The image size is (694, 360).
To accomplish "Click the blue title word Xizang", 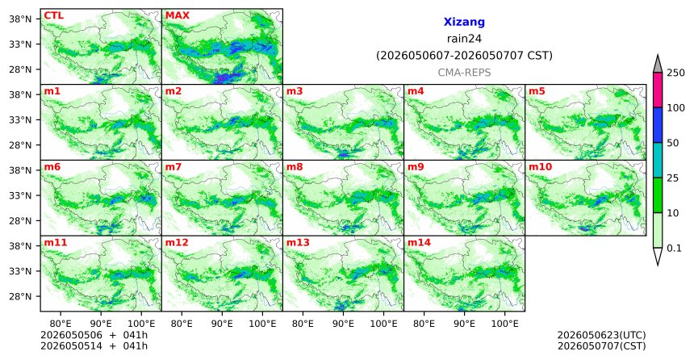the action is tap(464, 22).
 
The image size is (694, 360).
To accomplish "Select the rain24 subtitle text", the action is tap(464, 39).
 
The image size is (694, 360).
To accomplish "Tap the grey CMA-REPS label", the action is tap(464, 73).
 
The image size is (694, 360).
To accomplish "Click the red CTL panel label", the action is tap(53, 15).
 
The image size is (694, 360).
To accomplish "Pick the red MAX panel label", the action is tap(177, 15).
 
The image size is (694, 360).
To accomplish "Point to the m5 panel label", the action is tap(537, 92).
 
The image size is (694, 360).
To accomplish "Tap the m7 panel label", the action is tap(173, 167).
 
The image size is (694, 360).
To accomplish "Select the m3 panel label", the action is tap(295, 92).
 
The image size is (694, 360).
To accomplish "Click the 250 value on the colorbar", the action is tap(675, 73).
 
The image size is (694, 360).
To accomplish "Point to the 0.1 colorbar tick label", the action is tap(674, 249).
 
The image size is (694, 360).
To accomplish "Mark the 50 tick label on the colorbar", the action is tap(672, 143).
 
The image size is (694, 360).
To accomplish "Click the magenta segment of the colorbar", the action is tap(658, 90).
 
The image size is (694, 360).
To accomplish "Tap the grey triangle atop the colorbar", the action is tap(658, 64).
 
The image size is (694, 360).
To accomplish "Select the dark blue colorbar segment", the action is tap(658, 125).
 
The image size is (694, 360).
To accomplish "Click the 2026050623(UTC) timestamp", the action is tap(601, 335).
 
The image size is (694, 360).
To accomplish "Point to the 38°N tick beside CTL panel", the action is tap(20, 19).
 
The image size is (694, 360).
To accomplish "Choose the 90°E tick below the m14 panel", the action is tap(464, 324).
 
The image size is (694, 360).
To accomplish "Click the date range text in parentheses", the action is tap(464, 56).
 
